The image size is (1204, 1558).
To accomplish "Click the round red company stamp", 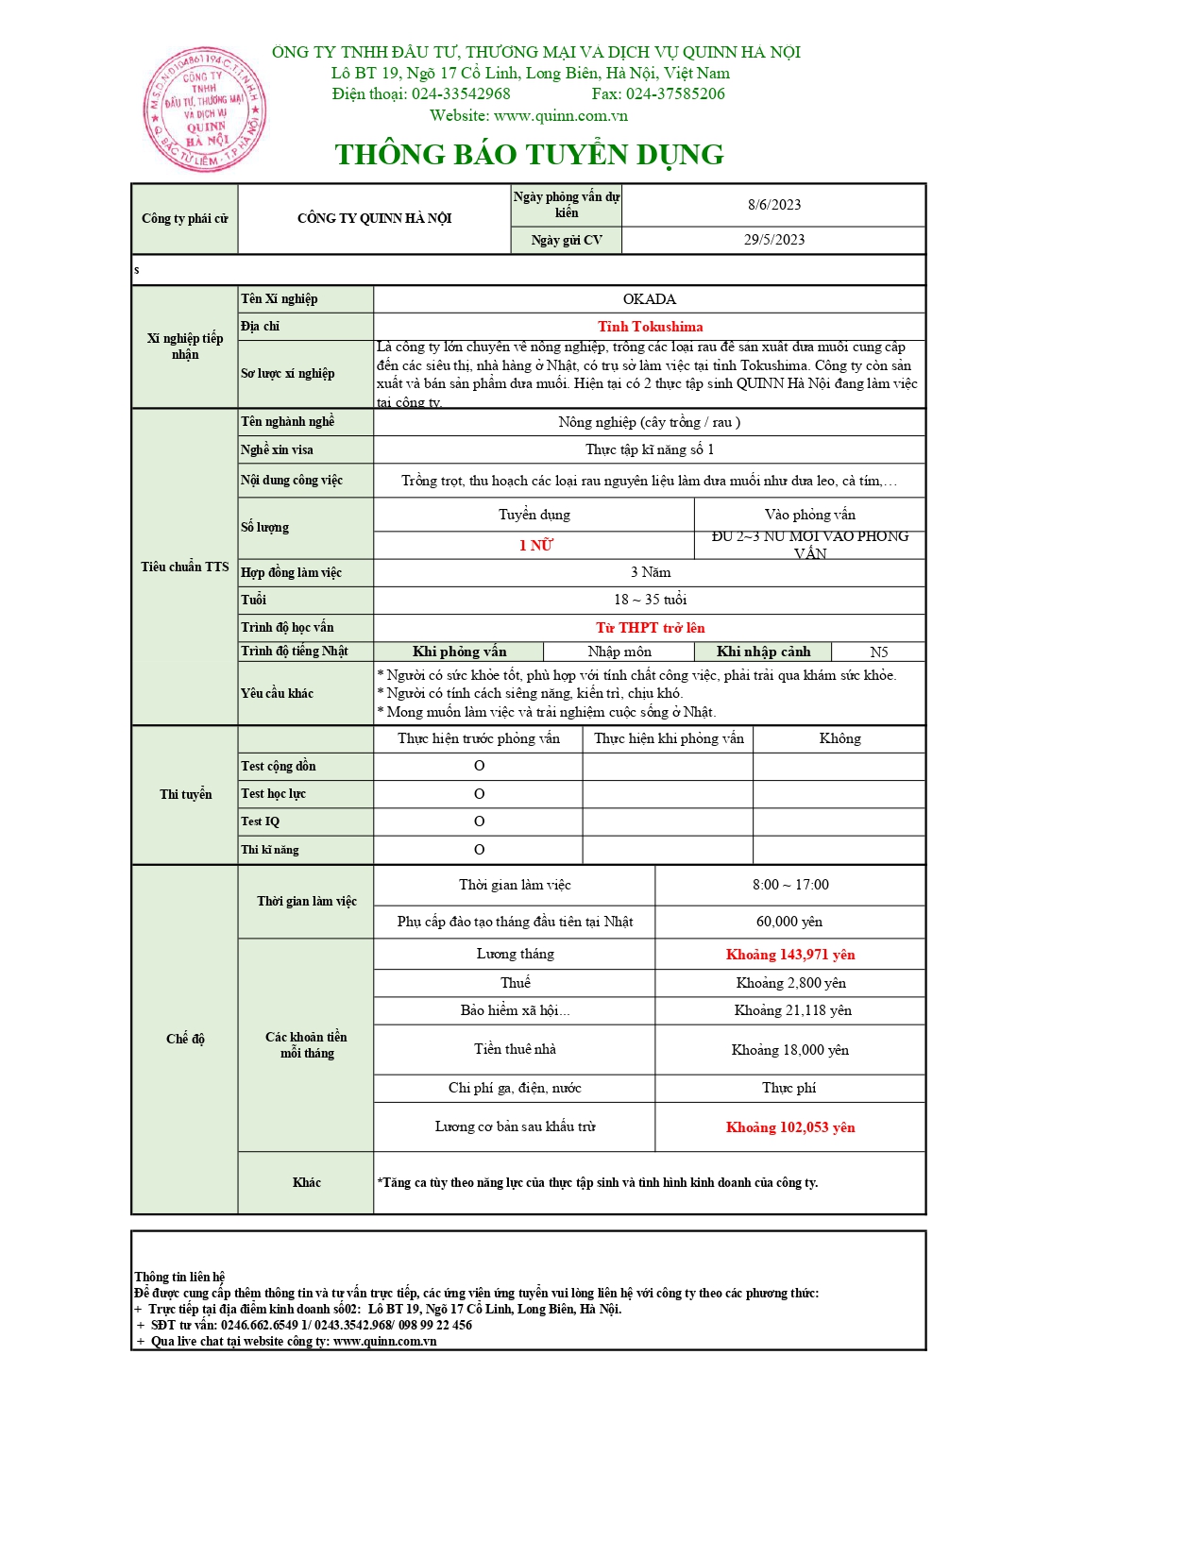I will [204, 110].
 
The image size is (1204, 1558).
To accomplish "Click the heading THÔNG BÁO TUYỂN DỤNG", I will [529, 154].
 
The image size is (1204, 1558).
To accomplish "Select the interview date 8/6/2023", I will [774, 205].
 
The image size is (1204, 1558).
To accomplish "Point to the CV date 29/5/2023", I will [774, 240].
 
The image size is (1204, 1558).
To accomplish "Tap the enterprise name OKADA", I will [650, 299].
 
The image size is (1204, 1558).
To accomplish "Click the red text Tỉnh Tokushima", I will [650, 327].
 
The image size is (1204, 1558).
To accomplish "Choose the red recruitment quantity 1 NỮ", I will [535, 546].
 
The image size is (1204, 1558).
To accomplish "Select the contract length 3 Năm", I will [650, 572].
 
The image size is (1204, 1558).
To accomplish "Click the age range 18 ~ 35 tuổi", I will [650, 600].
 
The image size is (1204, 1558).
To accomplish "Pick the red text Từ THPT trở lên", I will [650, 628].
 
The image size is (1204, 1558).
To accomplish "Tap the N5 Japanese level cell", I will [878, 652].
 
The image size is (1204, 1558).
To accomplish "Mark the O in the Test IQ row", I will [479, 821].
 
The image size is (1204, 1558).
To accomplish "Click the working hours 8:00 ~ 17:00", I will [790, 885].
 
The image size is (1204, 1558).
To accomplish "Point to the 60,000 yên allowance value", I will [789, 922].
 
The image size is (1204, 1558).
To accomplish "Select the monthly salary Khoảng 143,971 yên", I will [790, 955].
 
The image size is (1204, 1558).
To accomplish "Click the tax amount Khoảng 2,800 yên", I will [790, 983].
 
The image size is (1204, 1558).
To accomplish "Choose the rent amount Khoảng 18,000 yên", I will [790, 1050].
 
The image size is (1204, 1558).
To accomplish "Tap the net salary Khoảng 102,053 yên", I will [790, 1127].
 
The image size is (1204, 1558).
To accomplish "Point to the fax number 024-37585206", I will [675, 93].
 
